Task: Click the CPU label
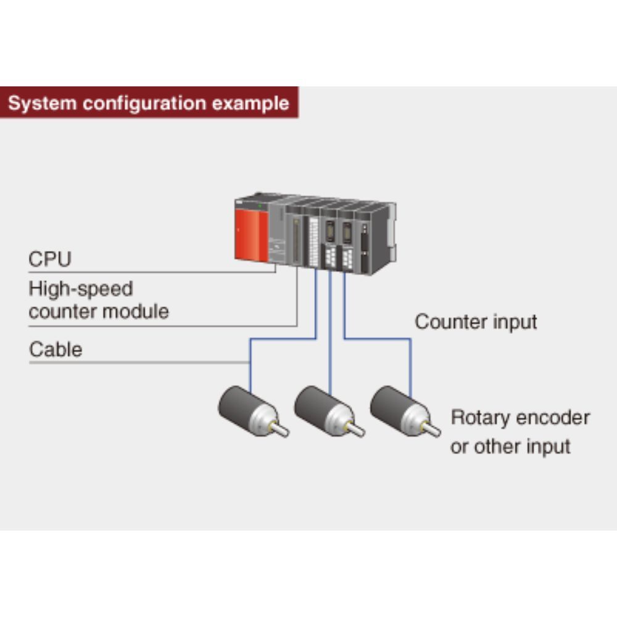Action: pos(50,259)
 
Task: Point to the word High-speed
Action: pos(81,289)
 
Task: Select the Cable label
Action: pos(56,349)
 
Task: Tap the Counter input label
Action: pos(476,321)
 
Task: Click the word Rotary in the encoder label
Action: pos(480,418)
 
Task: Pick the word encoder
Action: pos(553,418)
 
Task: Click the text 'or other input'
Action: pos(510,446)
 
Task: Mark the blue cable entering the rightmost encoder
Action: pos(410,370)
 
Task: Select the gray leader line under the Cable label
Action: pos(136,362)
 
